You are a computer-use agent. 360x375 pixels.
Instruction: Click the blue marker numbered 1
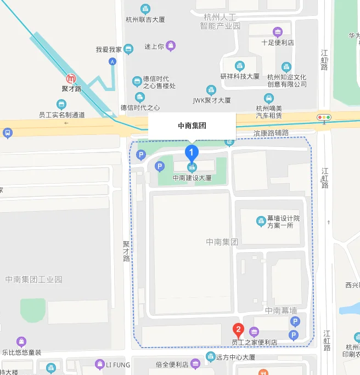191,152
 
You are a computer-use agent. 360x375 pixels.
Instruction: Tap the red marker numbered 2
238,329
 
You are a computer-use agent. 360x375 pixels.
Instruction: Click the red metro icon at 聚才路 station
71,78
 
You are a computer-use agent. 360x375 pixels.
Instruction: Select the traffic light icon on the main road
324,117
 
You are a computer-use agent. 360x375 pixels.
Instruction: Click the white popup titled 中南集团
192,126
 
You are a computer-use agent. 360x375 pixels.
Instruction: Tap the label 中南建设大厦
192,178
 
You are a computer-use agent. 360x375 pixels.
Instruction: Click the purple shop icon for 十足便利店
278,32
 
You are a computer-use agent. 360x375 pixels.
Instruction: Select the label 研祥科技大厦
240,76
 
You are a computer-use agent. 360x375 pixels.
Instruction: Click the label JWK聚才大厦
211,100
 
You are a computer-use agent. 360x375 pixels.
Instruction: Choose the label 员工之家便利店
254,342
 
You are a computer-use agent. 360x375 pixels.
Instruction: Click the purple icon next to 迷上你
171,46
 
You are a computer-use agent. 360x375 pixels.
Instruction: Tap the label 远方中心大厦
236,357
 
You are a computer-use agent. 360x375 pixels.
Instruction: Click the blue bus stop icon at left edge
7,133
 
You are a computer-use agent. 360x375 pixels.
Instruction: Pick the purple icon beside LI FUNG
99,363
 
